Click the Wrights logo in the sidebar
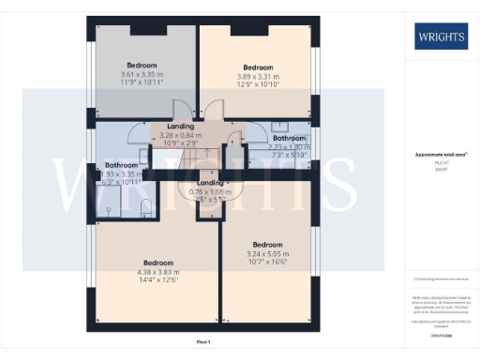tap(441, 37)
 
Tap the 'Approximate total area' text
tap(440, 155)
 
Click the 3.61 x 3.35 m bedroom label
tap(142, 75)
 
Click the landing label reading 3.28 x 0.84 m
tap(180, 136)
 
